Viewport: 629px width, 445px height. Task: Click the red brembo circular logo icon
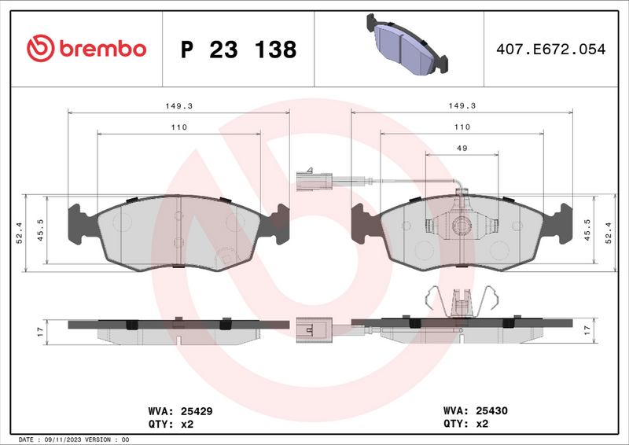pos(39,49)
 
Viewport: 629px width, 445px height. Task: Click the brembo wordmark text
pos(99,49)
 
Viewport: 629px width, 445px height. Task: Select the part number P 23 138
pos(238,50)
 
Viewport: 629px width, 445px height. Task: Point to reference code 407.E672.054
pos(550,50)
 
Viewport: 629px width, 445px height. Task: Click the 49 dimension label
pos(462,147)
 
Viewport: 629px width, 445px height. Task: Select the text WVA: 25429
pos(180,410)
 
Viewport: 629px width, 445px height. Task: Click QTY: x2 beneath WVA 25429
pos(171,424)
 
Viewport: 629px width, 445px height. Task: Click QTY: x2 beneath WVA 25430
pos(466,424)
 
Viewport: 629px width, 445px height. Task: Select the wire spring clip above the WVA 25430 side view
pos(462,301)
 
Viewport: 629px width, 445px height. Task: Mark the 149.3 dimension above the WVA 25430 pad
pos(462,105)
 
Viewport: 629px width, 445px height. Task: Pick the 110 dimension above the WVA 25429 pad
pos(178,127)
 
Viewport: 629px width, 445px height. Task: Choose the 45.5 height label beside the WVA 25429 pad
pos(39,233)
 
